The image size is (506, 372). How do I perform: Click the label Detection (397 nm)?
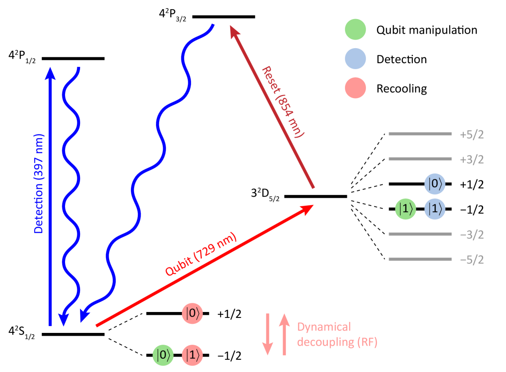tap(39, 184)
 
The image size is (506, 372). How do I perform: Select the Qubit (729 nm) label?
tap(201, 255)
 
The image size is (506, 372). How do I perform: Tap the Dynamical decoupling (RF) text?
tap(337, 334)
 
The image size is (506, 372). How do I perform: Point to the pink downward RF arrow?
tap(267, 334)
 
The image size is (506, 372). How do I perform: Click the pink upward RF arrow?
tap(284, 333)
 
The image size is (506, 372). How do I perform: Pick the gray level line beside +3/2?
tap(420, 159)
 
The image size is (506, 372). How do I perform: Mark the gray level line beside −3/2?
tap(420, 234)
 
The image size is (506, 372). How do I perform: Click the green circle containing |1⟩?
tap(406, 209)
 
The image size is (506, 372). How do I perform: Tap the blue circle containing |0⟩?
tap(435, 184)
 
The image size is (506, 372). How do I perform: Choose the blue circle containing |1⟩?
tap(435, 209)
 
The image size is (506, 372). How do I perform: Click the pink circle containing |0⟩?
tap(192, 314)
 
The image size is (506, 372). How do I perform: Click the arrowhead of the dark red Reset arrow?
tap(235, 31)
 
